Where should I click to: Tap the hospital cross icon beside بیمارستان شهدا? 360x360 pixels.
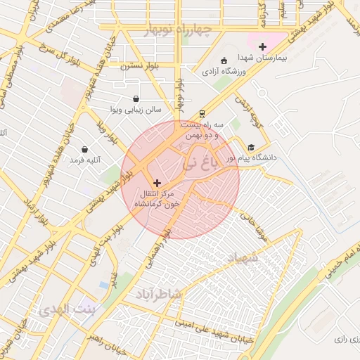point(263,46)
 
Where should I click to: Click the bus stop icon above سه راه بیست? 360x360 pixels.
point(202,112)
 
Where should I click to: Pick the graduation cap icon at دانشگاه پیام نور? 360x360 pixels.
point(251,147)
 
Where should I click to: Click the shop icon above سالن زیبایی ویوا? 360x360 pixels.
point(136,99)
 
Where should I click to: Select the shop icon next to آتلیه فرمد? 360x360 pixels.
point(85,150)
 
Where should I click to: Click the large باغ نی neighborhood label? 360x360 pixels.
point(197,166)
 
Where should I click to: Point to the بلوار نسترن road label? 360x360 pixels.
point(139,65)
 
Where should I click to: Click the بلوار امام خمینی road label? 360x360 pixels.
point(341,261)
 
